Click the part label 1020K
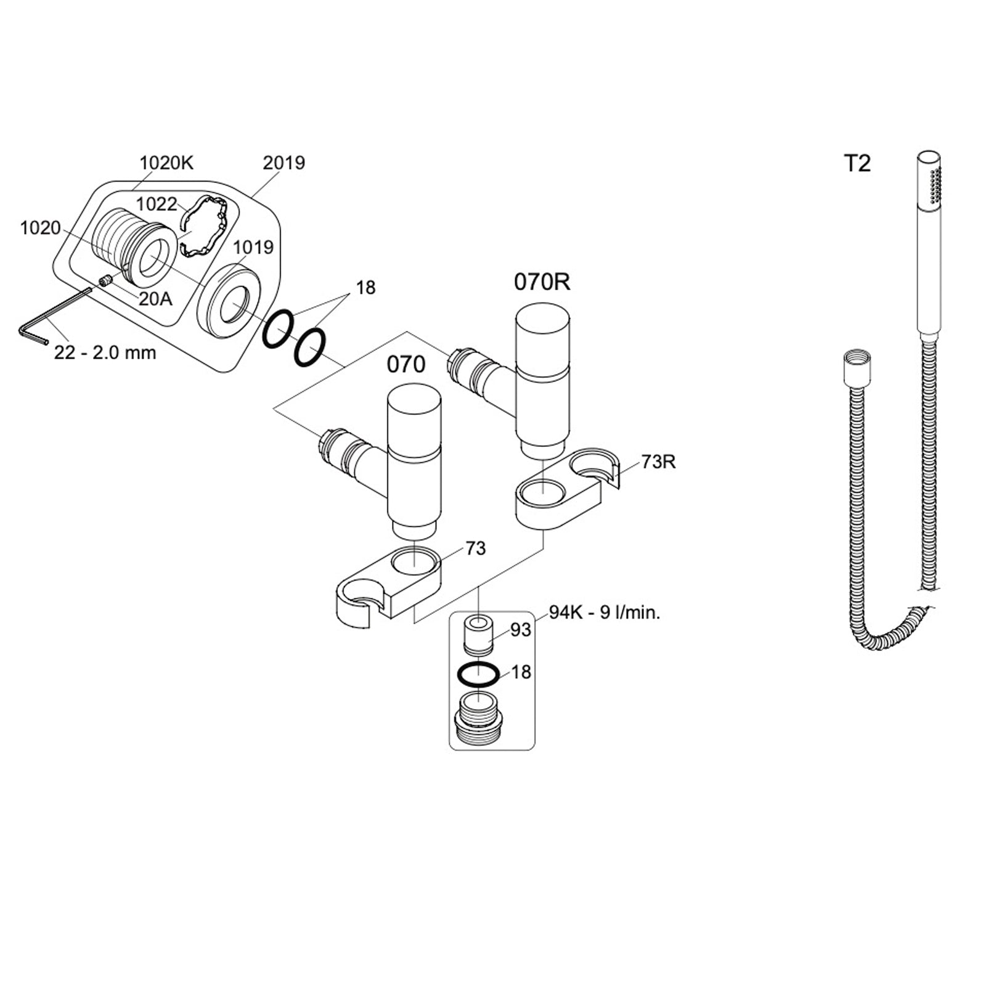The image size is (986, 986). click(166, 163)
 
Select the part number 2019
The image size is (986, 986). click(284, 163)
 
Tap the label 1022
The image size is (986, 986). click(157, 204)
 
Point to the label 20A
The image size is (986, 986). click(155, 299)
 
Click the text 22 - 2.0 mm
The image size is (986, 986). click(105, 353)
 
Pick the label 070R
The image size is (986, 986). click(542, 282)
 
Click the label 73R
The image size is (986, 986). click(658, 462)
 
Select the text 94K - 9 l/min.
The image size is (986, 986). click(605, 613)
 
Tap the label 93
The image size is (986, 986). click(521, 630)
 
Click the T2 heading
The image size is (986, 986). click(857, 164)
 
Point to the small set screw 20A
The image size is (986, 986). click(105, 280)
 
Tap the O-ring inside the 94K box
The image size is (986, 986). click(478, 675)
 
